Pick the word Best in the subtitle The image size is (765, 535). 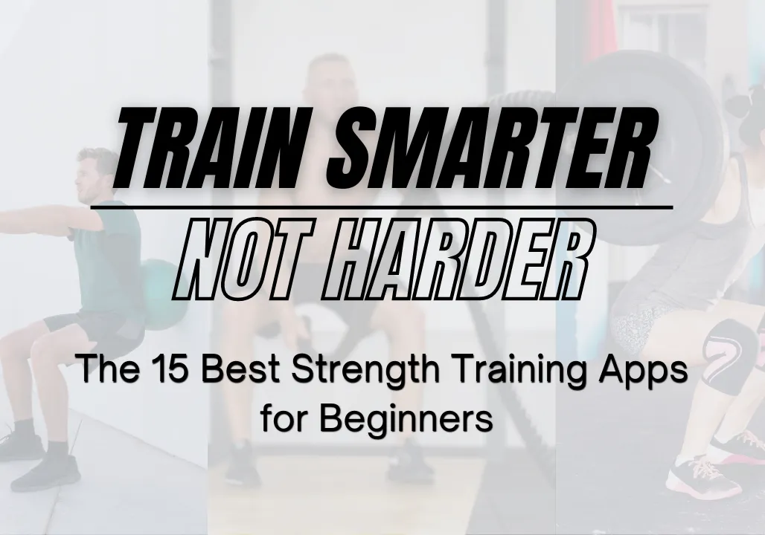click(x=242, y=369)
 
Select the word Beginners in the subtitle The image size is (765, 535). click(x=406, y=419)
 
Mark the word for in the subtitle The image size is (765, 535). click(x=282, y=418)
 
